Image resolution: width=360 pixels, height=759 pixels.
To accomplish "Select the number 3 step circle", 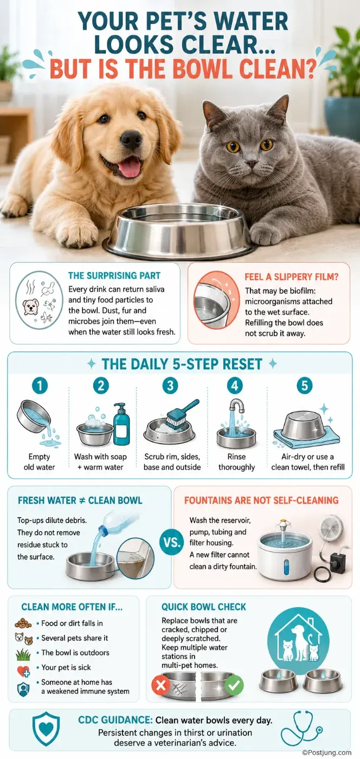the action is (170, 385).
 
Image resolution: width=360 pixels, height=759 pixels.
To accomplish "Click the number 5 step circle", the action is (304, 385).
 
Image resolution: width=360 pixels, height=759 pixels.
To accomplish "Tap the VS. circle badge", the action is (171, 543).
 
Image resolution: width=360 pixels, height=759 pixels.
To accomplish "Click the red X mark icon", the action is (160, 685).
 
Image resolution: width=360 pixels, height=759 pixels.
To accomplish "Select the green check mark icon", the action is (234, 685).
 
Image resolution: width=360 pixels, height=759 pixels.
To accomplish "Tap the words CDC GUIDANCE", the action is (115, 720).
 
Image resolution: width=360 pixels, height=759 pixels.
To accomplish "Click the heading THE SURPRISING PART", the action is (114, 275).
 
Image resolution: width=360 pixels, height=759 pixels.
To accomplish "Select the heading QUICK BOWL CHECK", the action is (204, 607).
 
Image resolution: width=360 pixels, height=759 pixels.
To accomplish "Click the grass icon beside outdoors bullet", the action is (23, 654).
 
